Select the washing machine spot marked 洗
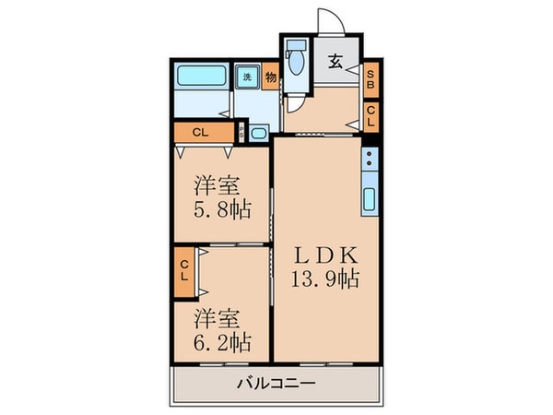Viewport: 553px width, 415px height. (x=247, y=77)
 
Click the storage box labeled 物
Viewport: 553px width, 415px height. (x=271, y=77)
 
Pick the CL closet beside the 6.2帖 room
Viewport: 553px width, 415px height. (x=183, y=271)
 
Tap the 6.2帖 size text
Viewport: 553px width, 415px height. (x=221, y=344)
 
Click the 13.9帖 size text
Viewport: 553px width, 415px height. (x=325, y=278)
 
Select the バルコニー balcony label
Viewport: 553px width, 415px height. (x=276, y=383)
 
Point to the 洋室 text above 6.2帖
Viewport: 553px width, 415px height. (x=218, y=320)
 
